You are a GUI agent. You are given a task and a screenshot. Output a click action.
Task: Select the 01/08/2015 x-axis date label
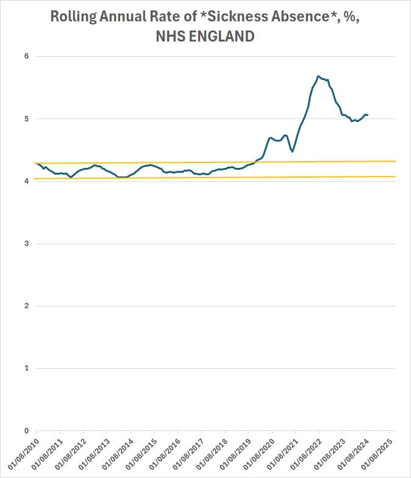[x=141, y=452]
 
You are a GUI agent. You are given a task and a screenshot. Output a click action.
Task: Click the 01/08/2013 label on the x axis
[x=95, y=452]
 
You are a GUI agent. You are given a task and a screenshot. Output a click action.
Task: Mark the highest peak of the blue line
[x=318, y=76]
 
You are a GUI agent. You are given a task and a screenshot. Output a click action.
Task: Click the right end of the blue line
[x=367, y=115]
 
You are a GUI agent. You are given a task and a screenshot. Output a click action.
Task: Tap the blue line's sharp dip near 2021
[x=293, y=151]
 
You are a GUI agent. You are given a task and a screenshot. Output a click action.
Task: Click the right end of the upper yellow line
[x=396, y=161]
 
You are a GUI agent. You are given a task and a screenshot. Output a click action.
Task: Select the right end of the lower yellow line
[x=396, y=176]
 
